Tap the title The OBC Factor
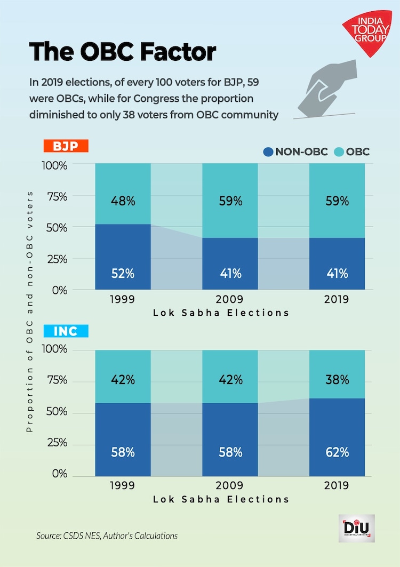pyautogui.click(x=123, y=52)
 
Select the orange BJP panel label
pyautogui.click(x=66, y=147)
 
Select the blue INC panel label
pyautogui.click(x=66, y=331)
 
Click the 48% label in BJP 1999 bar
pyautogui.click(x=123, y=201)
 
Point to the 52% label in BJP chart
pyautogui.click(x=123, y=274)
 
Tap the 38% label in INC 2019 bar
pyautogui.click(x=337, y=380)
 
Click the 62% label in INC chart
pyautogui.click(x=337, y=452)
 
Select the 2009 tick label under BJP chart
pyautogui.click(x=230, y=299)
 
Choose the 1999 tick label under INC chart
pyautogui.click(x=123, y=485)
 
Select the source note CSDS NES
pyautogui.click(x=107, y=535)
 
